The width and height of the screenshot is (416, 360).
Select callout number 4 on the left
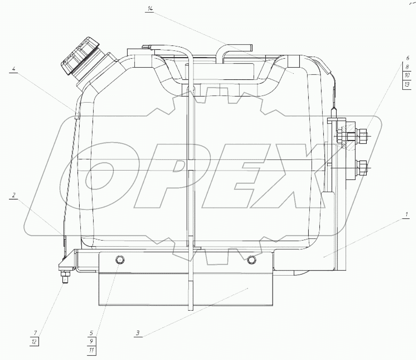(x=14, y=69)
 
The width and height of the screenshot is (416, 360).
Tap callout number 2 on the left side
(x=14, y=195)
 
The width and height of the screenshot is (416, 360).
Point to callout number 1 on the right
(x=406, y=215)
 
